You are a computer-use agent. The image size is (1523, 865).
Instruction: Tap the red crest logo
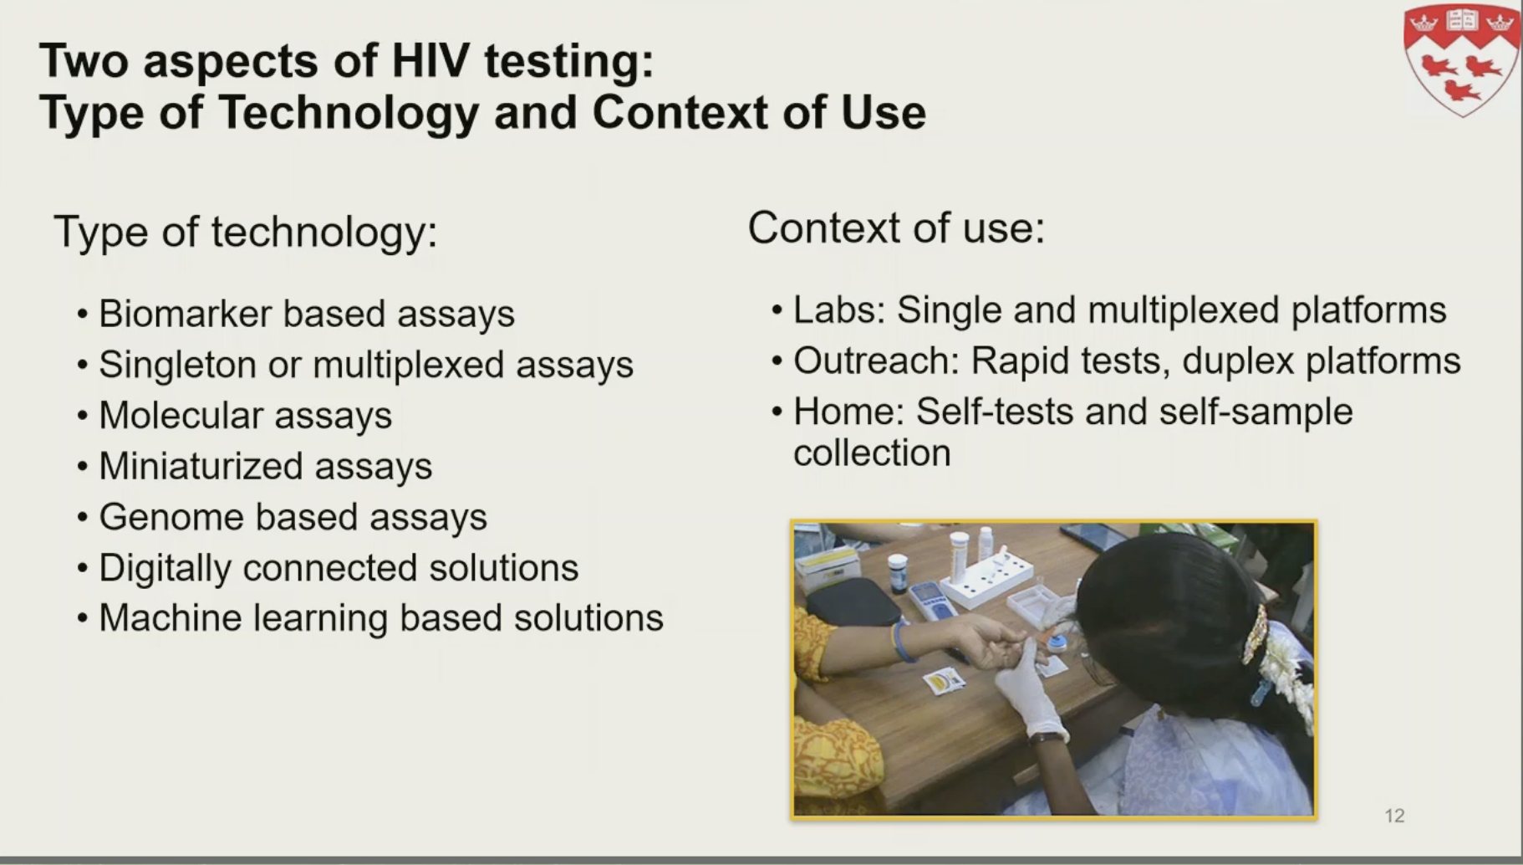click(1460, 59)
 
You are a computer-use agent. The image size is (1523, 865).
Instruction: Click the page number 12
click(1394, 816)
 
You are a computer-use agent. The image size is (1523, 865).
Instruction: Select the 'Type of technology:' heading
click(246, 233)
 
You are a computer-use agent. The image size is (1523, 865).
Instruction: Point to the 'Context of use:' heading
click(896, 228)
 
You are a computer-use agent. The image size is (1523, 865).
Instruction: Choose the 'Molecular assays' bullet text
click(246, 416)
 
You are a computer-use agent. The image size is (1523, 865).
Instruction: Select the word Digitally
click(165, 568)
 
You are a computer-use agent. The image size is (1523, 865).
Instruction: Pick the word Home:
click(848, 412)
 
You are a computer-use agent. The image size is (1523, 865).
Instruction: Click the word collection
click(872, 453)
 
